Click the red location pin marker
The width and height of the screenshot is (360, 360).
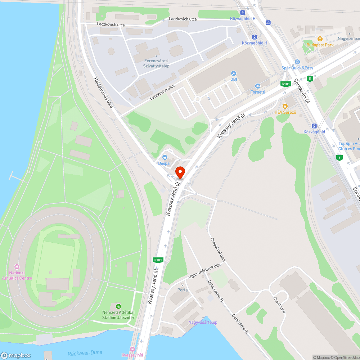pyautogui.click(x=180, y=172)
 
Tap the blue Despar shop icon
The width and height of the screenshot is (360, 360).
pyautogui.click(x=165, y=157)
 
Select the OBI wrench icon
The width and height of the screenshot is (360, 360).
pyautogui.click(x=234, y=73)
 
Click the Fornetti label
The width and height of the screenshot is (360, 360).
pyautogui.click(x=258, y=92)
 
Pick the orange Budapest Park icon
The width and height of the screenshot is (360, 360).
pyautogui.click(x=320, y=39)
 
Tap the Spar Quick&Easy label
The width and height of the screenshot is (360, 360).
pyautogui.click(x=297, y=68)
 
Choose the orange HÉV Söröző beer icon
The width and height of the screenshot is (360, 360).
pyautogui.click(x=285, y=106)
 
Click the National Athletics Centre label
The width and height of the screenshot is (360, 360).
pyautogui.click(x=17, y=275)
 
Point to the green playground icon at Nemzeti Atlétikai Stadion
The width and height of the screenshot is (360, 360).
pyautogui.click(x=118, y=306)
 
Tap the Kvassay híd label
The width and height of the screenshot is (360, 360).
pyautogui.click(x=132, y=355)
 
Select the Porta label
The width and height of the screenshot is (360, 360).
pyautogui.click(x=183, y=290)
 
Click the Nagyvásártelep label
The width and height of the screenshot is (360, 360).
pyautogui.click(x=203, y=322)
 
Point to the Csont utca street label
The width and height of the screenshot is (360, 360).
pyautogui.click(x=279, y=304)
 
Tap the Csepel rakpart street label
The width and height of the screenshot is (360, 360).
pyautogui.click(x=218, y=249)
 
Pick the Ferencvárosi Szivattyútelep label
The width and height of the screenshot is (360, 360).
pyautogui.click(x=156, y=63)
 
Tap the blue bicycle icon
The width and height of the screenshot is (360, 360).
pyautogui.click(x=268, y=22)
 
